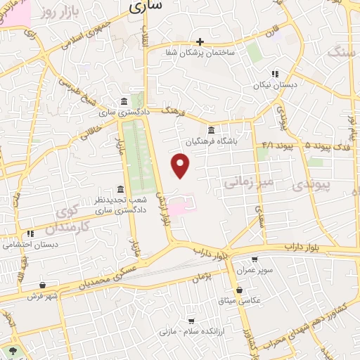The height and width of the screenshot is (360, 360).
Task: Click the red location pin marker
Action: pyautogui.click(x=181, y=165)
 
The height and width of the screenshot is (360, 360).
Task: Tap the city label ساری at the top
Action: pyautogui.click(x=146, y=6)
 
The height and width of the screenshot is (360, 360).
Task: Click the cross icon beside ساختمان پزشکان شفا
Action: pyautogui.click(x=200, y=42)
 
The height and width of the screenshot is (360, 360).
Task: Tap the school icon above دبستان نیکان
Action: pyautogui.click(x=275, y=73)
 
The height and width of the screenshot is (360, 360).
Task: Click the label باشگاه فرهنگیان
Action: pyautogui.click(x=212, y=141)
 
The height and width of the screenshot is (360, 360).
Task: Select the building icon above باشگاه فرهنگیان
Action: pyautogui.click(x=212, y=129)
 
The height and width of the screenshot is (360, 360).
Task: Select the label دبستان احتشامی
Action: pyautogui.click(x=30, y=245)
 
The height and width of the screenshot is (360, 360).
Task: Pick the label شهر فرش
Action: pyautogui.click(x=42, y=296)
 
